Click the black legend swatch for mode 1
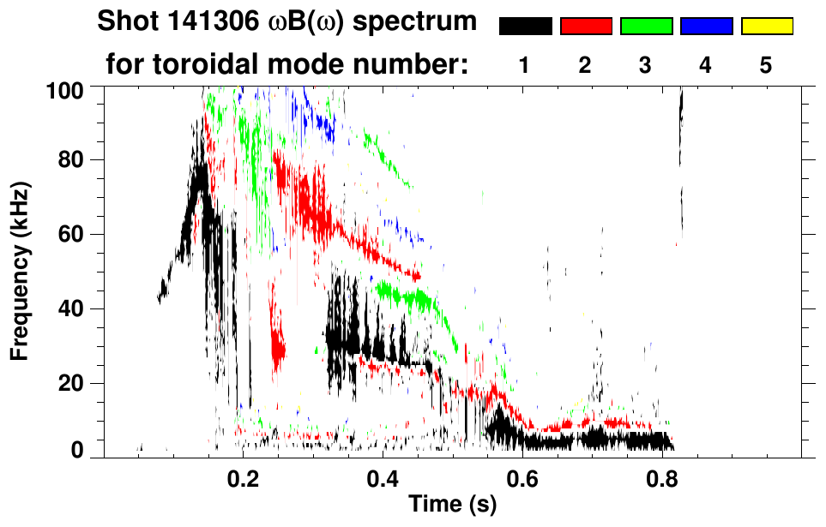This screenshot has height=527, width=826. (525, 27)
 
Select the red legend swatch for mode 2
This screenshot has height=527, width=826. (586, 27)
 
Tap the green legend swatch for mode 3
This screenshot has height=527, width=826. (646, 27)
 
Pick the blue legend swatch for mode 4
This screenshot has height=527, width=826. (706, 27)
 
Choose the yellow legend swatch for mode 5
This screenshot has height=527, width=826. (767, 27)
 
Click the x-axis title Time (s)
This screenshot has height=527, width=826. (451, 504)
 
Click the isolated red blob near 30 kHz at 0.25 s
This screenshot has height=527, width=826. (277, 347)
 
